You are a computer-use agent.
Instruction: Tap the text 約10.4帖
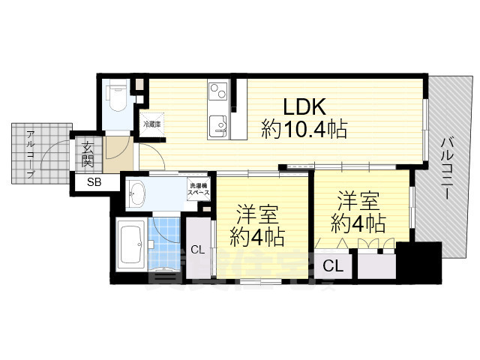[x=304, y=130]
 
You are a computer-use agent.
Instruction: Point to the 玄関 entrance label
[x=88, y=153]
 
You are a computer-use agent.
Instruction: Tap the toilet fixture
[x=118, y=96]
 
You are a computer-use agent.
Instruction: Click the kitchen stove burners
[x=217, y=94]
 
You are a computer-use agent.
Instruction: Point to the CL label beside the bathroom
[x=198, y=250]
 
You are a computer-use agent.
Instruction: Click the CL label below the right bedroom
[x=334, y=265]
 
